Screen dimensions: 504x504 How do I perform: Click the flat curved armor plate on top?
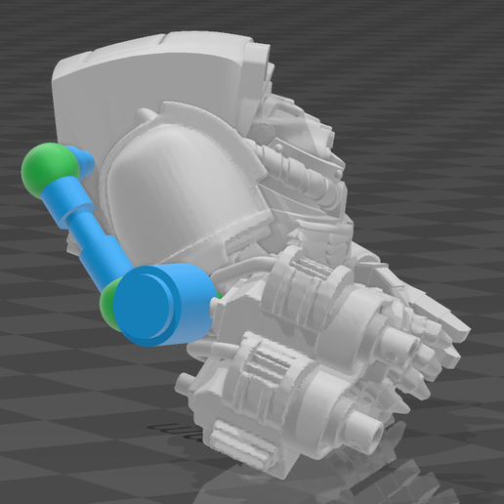pyautogui.click(x=156, y=73)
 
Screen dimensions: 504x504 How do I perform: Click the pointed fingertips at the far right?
pyautogui.click(x=451, y=337)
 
